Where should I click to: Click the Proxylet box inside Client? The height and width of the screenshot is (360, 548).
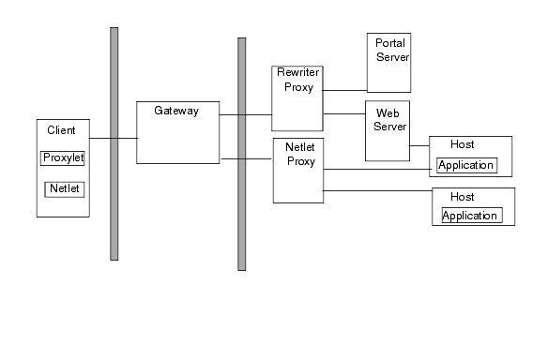[x=63, y=157]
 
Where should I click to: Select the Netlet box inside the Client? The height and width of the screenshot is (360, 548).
[x=64, y=189]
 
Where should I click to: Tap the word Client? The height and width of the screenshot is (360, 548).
[x=61, y=130]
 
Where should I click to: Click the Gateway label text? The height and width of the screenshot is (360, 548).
[x=177, y=111]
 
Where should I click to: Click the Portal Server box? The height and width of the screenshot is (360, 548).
[x=389, y=62]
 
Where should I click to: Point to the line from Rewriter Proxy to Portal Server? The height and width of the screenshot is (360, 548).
[x=344, y=91]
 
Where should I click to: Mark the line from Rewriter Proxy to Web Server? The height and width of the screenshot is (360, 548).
[x=343, y=114]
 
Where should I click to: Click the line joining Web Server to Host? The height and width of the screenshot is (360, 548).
[x=419, y=145]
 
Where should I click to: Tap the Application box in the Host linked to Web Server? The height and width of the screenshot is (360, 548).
[x=466, y=166]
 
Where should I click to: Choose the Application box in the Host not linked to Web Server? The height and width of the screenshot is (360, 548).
[x=471, y=216]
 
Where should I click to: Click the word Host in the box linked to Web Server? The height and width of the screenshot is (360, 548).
[x=462, y=145]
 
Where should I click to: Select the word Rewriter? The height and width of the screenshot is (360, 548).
[x=298, y=73]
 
